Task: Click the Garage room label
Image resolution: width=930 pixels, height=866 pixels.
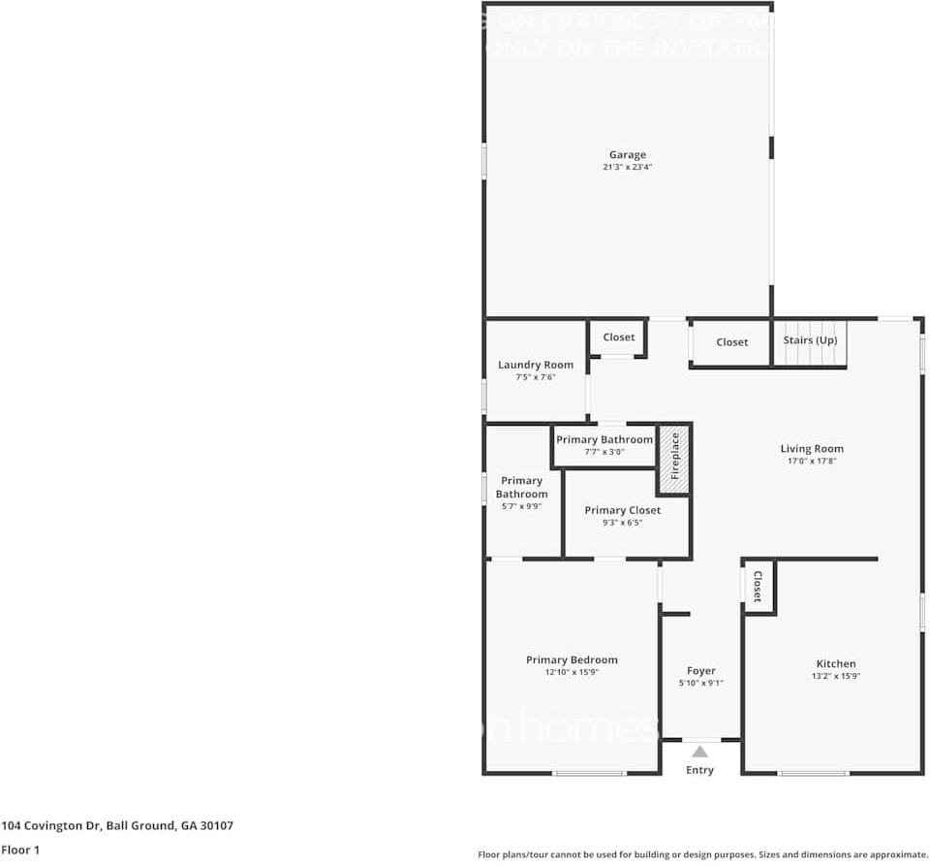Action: point(627,154)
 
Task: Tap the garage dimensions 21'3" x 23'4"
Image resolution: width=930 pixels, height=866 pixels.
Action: point(627,167)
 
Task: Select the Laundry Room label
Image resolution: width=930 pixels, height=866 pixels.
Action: point(536,365)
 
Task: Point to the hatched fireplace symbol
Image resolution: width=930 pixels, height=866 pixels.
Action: point(674,457)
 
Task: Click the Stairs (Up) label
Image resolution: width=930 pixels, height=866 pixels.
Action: point(810,340)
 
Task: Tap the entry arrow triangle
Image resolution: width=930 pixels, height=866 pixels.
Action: point(699,751)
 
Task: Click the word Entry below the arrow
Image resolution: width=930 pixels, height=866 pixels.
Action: point(699,770)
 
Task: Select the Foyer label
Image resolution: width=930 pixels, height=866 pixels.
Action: point(701,670)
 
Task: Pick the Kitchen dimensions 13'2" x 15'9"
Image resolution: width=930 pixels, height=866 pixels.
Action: point(835,676)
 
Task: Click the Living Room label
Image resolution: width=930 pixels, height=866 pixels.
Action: point(812,448)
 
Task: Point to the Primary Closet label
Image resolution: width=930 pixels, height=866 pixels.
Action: point(623,510)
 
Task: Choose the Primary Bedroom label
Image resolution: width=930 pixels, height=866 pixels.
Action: point(572,659)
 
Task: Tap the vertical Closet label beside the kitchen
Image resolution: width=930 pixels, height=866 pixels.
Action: point(759,587)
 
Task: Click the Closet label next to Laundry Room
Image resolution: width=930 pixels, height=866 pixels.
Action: point(619,337)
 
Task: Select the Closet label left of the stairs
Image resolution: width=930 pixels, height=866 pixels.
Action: point(732,341)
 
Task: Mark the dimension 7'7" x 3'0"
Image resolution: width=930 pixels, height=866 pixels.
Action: point(604,451)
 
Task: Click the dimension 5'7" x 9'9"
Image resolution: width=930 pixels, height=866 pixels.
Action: point(522,506)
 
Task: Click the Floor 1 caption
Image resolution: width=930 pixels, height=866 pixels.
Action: point(20,850)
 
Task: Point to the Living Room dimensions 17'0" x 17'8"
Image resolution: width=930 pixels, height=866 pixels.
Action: point(812,461)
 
